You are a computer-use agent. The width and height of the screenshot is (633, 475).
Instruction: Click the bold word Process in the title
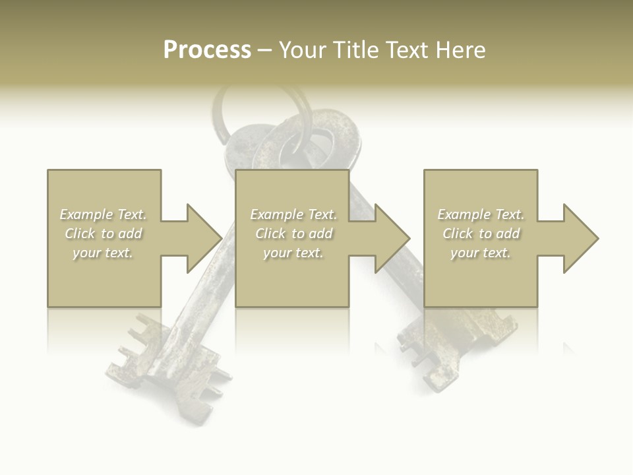pyautogui.click(x=207, y=50)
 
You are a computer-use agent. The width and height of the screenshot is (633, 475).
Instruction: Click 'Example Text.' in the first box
pyautogui.click(x=104, y=214)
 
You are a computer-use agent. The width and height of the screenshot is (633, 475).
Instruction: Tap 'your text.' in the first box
pyautogui.click(x=104, y=253)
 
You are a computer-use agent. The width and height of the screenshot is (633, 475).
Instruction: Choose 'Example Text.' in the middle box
pyautogui.click(x=293, y=214)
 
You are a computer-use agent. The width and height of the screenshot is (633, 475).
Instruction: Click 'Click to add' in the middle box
pyautogui.click(x=293, y=234)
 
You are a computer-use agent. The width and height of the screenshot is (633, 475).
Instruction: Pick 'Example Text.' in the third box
pyautogui.click(x=481, y=214)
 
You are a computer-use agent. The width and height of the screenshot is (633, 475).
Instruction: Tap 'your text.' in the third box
pyautogui.click(x=481, y=253)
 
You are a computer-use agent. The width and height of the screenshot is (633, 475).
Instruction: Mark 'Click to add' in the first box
pyautogui.click(x=104, y=234)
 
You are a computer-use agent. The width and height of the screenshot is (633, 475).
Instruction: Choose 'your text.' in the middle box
pyautogui.click(x=293, y=253)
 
